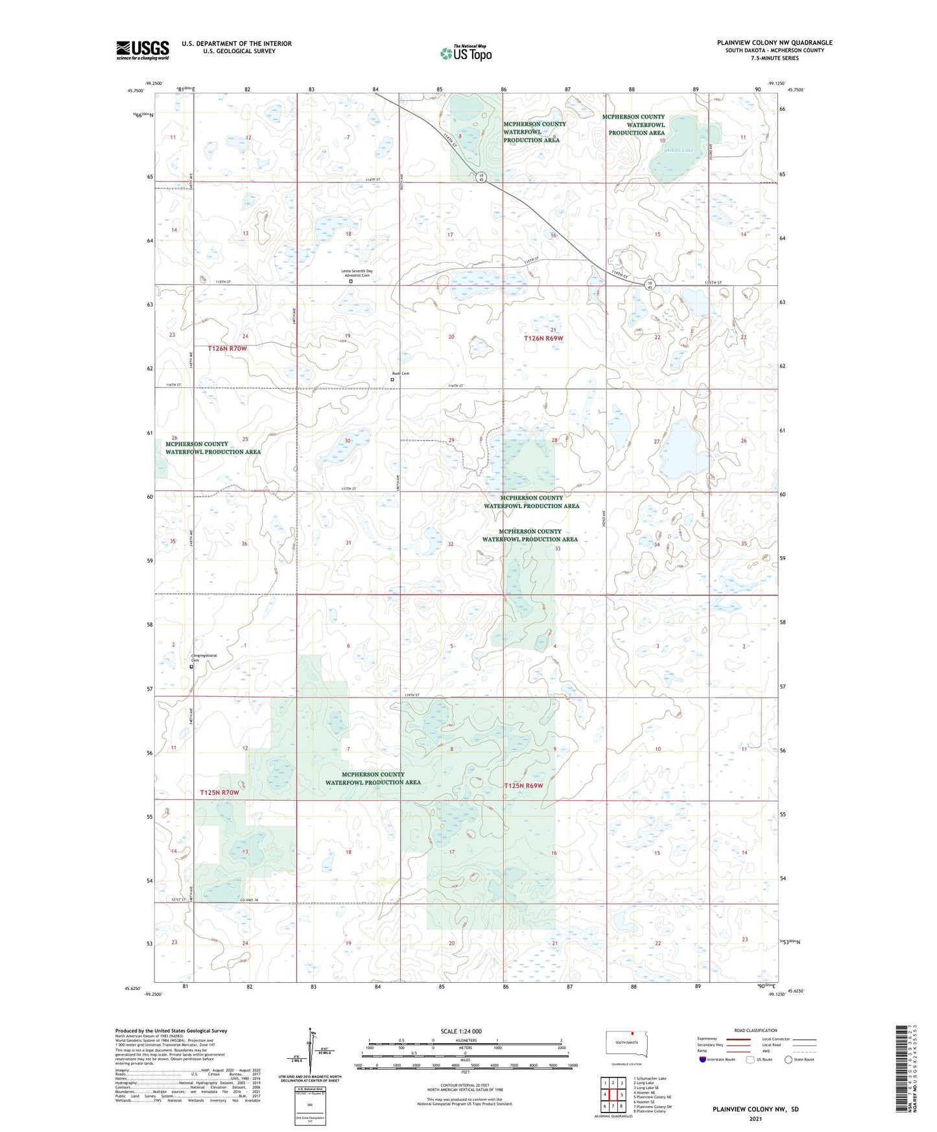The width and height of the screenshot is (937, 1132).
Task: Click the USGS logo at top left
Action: pos(143,49)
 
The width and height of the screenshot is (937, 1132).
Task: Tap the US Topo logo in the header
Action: pos(466,53)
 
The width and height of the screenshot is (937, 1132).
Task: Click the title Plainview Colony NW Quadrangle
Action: pos(774,43)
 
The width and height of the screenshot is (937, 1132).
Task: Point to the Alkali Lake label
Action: pos(679,150)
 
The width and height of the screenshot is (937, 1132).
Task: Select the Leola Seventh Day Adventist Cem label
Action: pos(357,273)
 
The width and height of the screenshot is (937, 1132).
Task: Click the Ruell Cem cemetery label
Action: pos(400,373)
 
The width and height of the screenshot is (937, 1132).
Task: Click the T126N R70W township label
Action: pos(228,349)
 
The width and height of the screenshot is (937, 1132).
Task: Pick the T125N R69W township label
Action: pos(523,786)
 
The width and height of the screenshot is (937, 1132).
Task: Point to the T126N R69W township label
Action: pos(543,338)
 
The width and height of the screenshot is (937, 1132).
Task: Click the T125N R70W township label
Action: pos(219,792)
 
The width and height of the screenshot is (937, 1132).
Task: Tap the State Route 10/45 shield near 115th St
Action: pos(650,284)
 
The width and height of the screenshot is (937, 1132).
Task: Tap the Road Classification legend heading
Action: pos(755,1030)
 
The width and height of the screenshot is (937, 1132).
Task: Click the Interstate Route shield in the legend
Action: pos(702,1059)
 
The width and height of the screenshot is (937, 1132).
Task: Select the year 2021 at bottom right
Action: pos(755,1119)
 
